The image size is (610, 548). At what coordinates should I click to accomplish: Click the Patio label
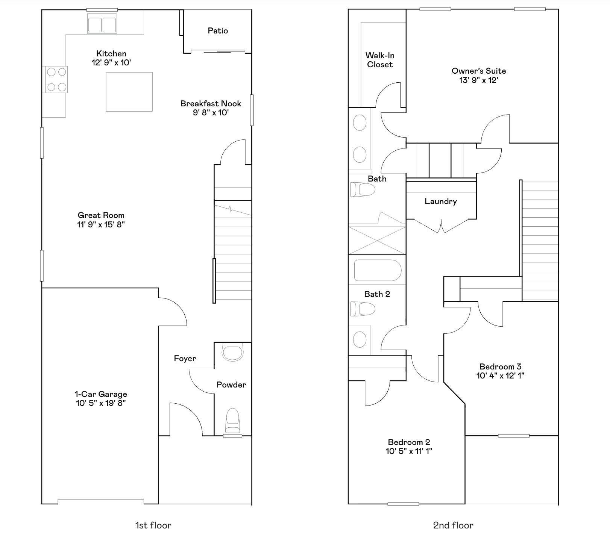click(x=218, y=30)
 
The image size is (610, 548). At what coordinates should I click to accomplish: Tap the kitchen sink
click(x=102, y=24)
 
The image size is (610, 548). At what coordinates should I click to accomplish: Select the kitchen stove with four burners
click(x=56, y=79)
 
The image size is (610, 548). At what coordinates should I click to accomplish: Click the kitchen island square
click(x=129, y=92)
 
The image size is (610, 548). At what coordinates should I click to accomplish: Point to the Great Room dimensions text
click(x=101, y=224)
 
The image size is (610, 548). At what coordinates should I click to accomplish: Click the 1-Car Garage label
click(x=101, y=394)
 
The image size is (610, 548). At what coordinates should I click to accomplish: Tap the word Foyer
click(x=185, y=358)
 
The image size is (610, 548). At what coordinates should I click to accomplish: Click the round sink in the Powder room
click(x=232, y=352)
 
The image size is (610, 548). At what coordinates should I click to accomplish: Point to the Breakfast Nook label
click(x=211, y=103)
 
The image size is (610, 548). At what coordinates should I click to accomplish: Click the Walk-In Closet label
click(x=380, y=60)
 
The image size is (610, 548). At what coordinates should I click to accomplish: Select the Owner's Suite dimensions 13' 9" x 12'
click(x=479, y=80)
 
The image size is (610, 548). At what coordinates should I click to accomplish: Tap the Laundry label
click(x=441, y=201)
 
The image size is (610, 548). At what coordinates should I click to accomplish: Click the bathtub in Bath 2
click(x=378, y=270)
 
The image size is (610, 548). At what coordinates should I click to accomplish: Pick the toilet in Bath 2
click(x=363, y=309)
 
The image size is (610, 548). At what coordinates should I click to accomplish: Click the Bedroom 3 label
click(x=500, y=366)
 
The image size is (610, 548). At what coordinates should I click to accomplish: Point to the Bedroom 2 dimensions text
click(x=409, y=451)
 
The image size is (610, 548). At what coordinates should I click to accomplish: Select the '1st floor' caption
click(x=153, y=525)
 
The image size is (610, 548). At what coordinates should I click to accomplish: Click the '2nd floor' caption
click(x=453, y=525)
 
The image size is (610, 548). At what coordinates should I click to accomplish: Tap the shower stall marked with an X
click(x=377, y=240)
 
